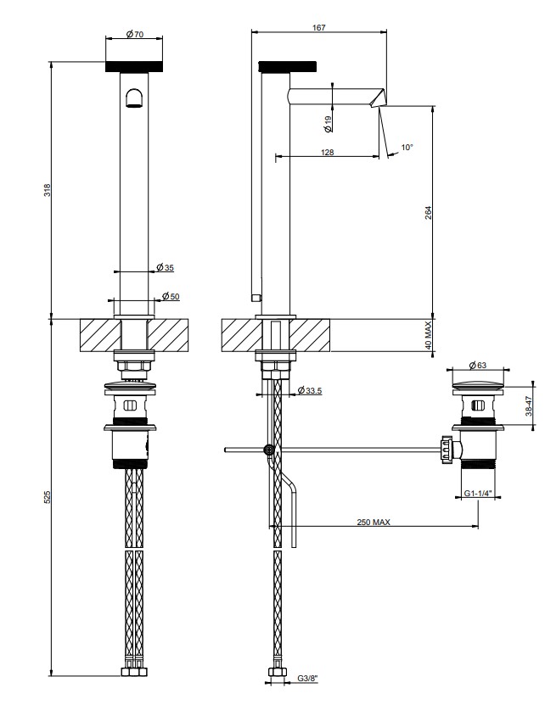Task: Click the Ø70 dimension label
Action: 134,34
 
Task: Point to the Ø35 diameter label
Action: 165,267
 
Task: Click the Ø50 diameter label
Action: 171,297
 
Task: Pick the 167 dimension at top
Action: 319,28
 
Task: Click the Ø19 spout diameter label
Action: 329,124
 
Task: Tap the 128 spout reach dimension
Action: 327,152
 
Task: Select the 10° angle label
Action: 407,147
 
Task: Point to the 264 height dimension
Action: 429,213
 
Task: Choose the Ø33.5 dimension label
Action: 310,390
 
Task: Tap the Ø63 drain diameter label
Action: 478,365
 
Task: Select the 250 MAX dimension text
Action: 374,522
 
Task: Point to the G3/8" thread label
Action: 308,691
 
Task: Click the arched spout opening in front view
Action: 133,98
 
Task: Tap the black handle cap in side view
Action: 287,66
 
